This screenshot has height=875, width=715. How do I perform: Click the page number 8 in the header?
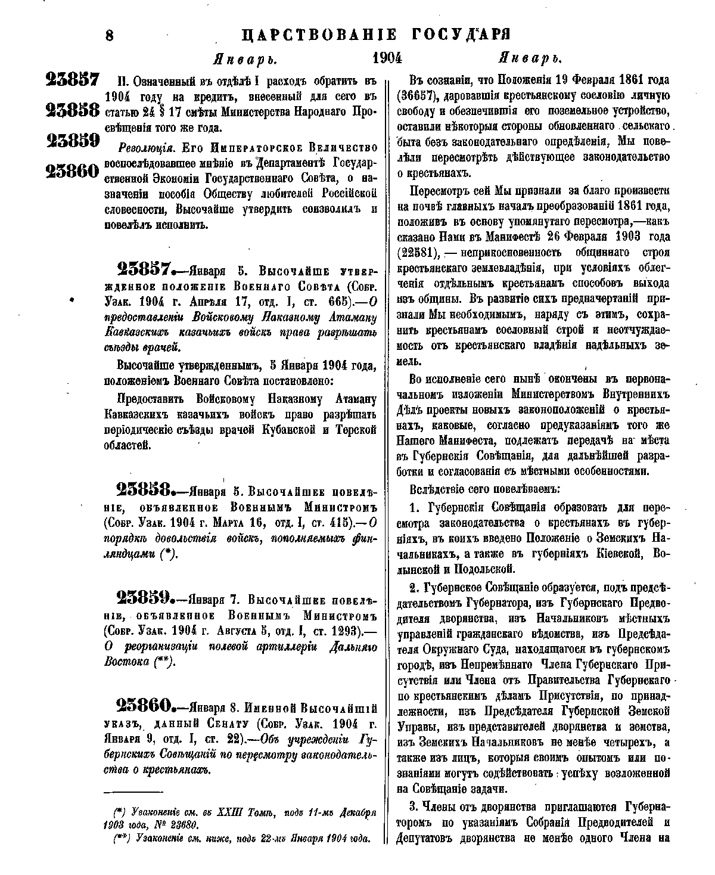click(x=109, y=35)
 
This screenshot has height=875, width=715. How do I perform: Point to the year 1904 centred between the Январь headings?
click(x=387, y=58)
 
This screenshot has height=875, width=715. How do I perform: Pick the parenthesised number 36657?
click(x=418, y=95)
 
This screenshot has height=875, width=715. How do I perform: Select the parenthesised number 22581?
click(x=418, y=252)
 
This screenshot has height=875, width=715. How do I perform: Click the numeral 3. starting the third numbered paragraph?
click(x=415, y=807)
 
